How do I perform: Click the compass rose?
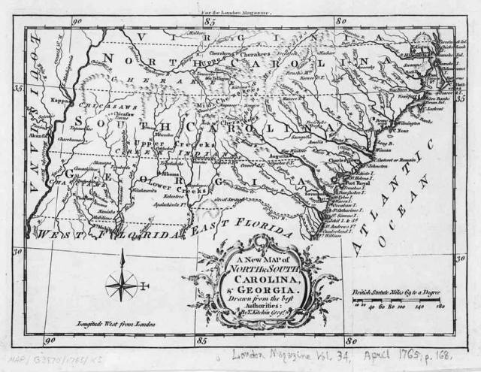(x=121, y=284)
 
